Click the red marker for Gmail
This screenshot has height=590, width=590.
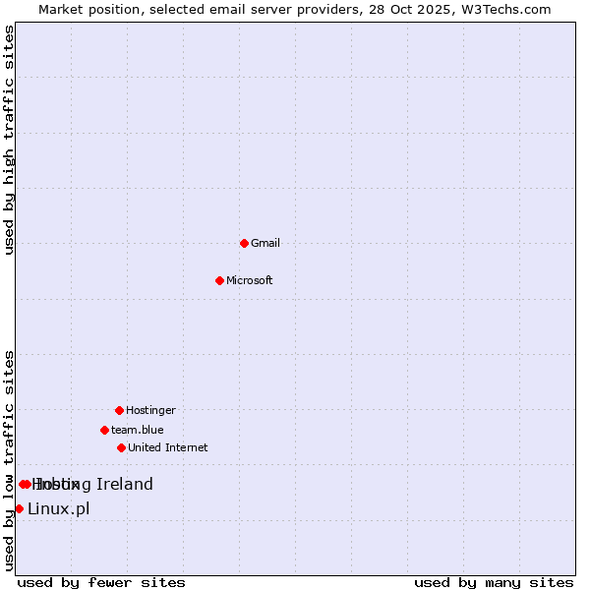pyautogui.click(x=244, y=243)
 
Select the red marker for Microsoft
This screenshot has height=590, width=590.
pyautogui.click(x=219, y=280)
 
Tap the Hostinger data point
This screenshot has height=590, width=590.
pyautogui.click(x=119, y=410)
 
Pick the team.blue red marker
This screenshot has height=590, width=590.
pyautogui.click(x=104, y=430)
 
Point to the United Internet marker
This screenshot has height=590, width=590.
pyautogui.click(x=121, y=447)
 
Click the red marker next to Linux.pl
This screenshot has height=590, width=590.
pyautogui.click(x=19, y=508)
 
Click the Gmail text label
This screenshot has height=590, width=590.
pyautogui.click(x=265, y=243)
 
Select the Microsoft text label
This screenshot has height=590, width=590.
pyautogui.click(x=250, y=280)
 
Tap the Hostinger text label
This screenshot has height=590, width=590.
pyautogui.click(x=150, y=410)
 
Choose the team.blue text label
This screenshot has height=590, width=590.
pyautogui.click(x=138, y=430)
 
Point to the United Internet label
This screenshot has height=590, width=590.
pyautogui.click(x=168, y=447)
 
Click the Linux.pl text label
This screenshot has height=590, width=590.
pyautogui.click(x=59, y=508)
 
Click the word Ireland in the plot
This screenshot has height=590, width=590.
pyautogui.click(x=125, y=484)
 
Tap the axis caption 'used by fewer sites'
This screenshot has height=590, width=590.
pyautogui.click(x=101, y=582)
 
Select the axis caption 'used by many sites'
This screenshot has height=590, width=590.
pyautogui.click(x=494, y=582)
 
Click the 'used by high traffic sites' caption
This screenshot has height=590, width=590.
pyautogui.click(x=9, y=140)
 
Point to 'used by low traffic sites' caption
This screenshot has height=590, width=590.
pyautogui.click(x=9, y=459)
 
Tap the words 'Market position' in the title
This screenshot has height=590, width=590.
pyautogui.click(x=88, y=9)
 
